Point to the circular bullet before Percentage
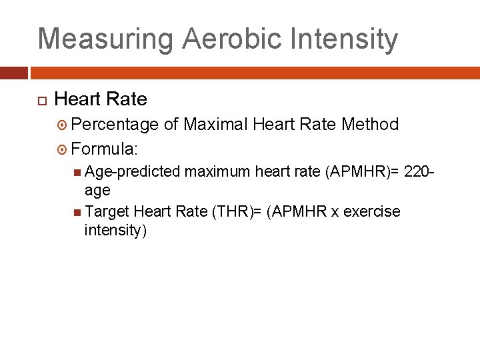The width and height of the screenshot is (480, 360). [63, 125]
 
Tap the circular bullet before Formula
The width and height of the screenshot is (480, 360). [63, 147]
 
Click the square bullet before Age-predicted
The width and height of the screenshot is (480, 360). [79, 172]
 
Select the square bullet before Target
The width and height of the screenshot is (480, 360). [79, 212]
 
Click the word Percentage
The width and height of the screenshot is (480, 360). [115, 125]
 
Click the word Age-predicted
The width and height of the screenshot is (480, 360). [133, 172]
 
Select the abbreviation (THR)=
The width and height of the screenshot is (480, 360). [235, 212]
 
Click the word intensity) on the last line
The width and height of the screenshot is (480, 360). [115, 231]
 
